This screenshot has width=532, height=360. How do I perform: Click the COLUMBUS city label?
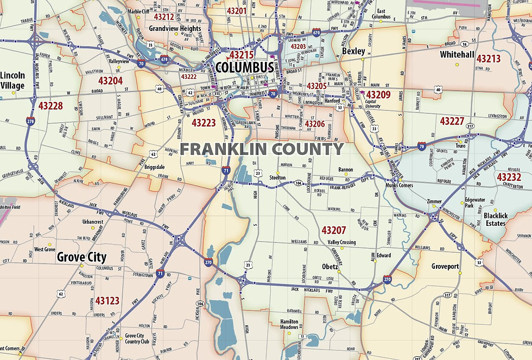[244, 67]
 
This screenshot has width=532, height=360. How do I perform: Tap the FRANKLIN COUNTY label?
[262, 149]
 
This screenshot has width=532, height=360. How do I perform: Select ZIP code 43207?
[333, 230]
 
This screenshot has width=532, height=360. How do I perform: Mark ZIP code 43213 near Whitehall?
[489, 58]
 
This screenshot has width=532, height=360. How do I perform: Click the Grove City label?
[81, 257]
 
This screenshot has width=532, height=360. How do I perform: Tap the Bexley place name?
[353, 51]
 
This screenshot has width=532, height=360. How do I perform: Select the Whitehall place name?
[457, 55]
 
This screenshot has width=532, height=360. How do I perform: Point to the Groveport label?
[445, 267]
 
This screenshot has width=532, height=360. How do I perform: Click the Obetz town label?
[330, 267]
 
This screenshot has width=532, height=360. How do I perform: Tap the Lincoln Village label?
[12, 80]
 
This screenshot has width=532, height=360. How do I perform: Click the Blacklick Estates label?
[496, 219]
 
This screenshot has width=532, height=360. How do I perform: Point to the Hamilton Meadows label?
[289, 324]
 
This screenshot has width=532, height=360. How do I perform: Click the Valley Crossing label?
[341, 242]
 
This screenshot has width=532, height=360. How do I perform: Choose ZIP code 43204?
[110, 80]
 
